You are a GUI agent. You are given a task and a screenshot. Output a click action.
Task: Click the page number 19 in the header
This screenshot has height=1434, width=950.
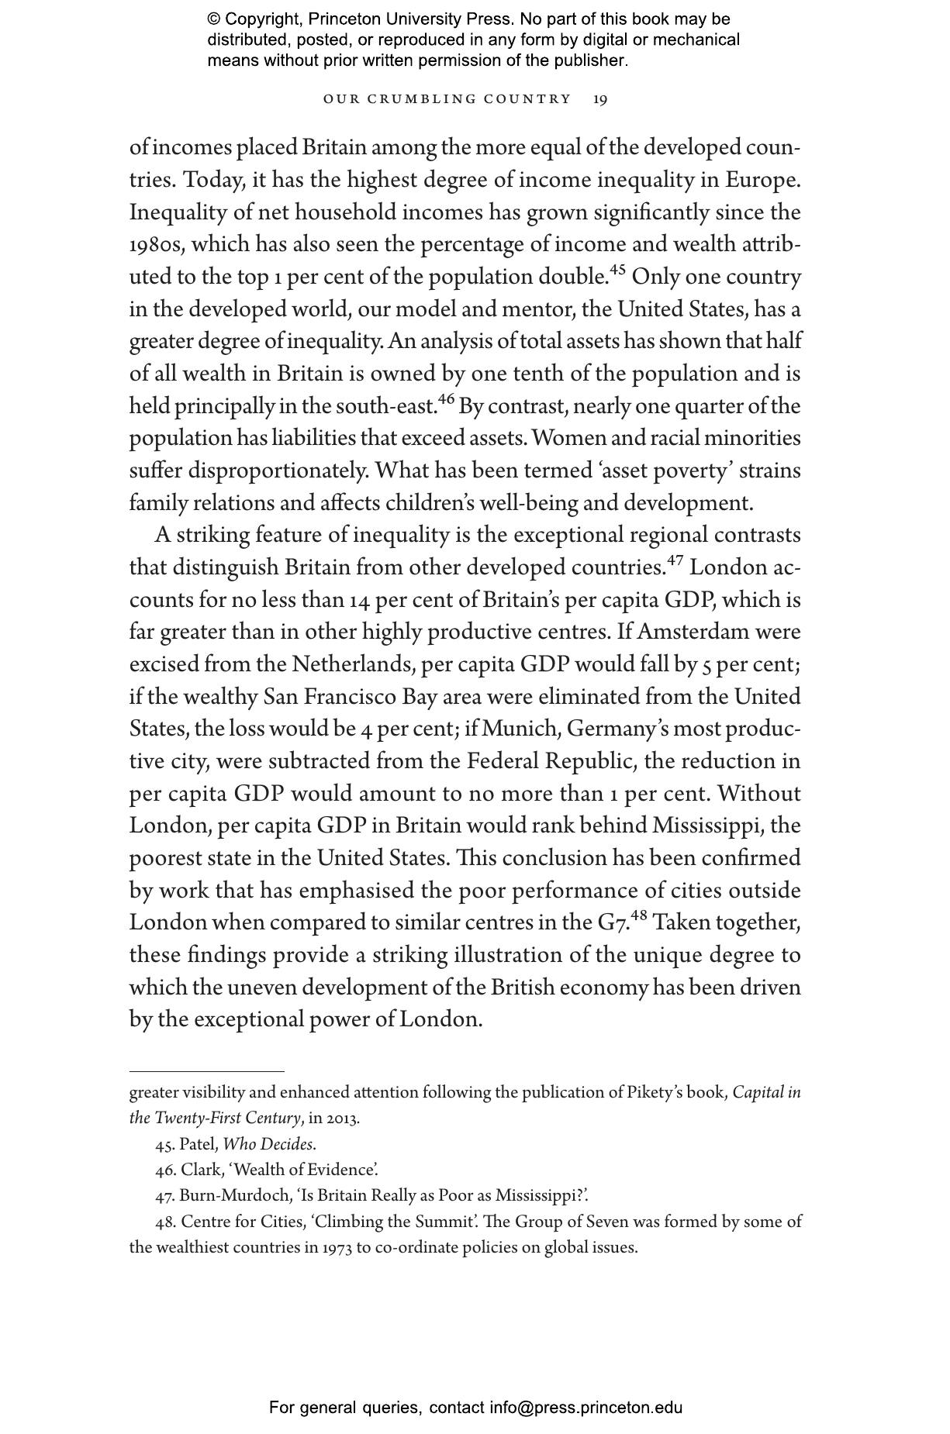click(600, 99)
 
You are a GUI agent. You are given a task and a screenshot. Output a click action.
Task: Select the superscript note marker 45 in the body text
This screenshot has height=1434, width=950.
click(617, 271)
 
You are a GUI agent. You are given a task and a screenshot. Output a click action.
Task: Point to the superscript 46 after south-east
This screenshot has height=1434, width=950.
click(446, 400)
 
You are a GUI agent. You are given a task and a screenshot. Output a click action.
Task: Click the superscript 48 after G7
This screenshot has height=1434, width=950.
click(639, 916)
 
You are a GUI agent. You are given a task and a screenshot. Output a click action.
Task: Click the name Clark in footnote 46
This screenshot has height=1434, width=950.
click(201, 1170)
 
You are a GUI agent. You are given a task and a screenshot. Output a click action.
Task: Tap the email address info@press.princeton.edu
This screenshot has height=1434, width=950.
click(586, 1408)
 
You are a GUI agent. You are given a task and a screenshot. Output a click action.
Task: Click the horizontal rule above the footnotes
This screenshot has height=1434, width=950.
click(206, 1071)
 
